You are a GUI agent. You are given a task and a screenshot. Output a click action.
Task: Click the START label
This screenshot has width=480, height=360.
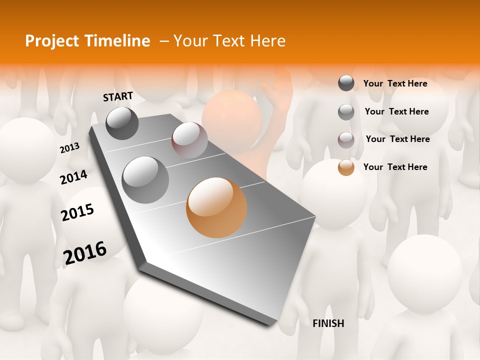point(118,96)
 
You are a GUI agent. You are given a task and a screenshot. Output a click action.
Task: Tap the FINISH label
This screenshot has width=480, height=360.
point(328,323)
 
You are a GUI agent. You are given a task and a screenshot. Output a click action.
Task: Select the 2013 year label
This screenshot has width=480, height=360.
point(69,148)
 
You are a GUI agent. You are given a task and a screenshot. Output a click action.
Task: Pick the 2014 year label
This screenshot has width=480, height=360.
point(73,177)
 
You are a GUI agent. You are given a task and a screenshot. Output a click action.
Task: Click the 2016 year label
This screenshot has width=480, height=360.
point(85,252)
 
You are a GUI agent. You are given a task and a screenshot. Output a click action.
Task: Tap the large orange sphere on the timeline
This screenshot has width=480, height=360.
point(216,207)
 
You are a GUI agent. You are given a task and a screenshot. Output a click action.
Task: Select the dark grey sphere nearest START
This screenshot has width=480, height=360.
point(122,123)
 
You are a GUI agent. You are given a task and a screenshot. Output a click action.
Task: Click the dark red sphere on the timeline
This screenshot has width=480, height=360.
point(189,139)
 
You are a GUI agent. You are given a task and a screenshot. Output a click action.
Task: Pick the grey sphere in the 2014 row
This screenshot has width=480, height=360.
point(145,179)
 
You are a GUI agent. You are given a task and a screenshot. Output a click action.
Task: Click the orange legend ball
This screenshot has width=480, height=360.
point(346,167)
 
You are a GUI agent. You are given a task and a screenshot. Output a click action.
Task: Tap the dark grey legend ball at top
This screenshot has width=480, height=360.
point(346,83)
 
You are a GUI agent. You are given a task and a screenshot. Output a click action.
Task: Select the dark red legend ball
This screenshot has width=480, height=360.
point(346,140)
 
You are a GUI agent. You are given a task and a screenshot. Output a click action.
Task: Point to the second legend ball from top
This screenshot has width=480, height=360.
point(346,112)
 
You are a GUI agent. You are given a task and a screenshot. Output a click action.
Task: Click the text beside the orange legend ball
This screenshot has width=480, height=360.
point(395,167)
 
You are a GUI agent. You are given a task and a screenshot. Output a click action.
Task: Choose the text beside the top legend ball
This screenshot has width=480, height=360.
point(395,83)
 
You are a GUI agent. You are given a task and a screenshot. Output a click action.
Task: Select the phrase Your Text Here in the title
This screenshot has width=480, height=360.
point(229,41)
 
